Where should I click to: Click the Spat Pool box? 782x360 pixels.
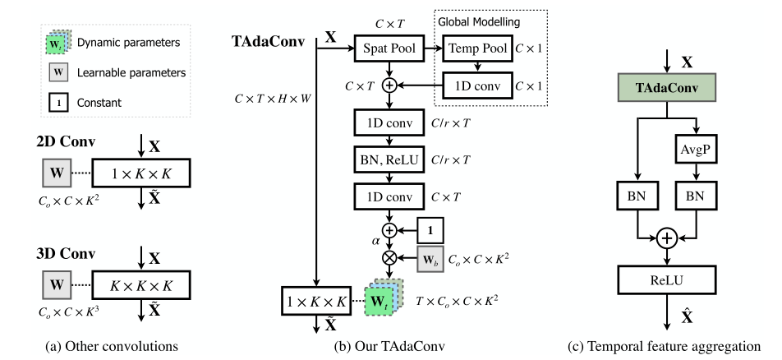point(389,50)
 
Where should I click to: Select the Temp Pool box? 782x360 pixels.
point(475,50)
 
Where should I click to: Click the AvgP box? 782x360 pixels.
point(690,150)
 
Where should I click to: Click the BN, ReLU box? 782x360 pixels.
point(389,158)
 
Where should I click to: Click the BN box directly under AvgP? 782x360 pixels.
point(690,199)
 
